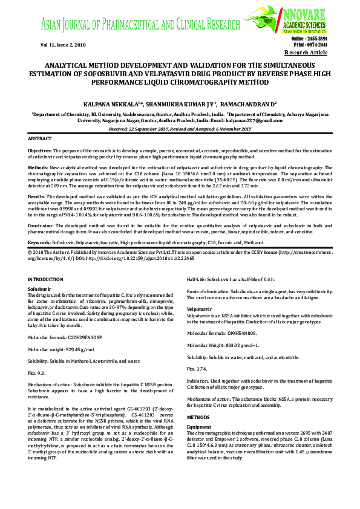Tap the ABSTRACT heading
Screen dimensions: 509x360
pos(40,138)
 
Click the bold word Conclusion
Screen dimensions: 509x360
pos(41,225)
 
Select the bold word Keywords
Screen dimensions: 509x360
pos(39,240)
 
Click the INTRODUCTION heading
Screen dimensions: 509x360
pos(47,278)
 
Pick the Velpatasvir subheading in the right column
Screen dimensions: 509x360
pos(200,308)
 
